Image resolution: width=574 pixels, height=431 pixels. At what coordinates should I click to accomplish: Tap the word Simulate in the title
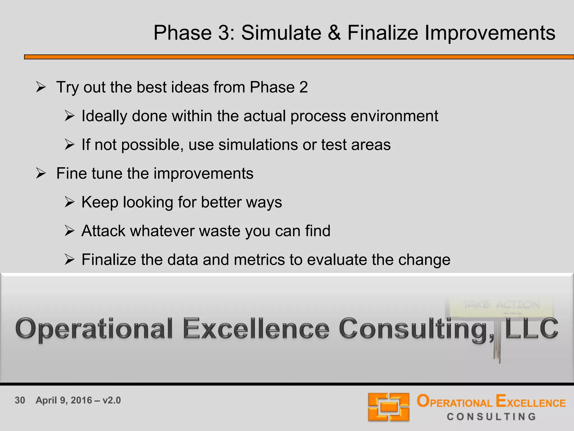(x=281, y=33)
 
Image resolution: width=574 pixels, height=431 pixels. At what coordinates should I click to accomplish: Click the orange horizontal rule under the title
(x=299, y=57)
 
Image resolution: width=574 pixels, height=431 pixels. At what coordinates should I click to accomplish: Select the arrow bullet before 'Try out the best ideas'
(x=41, y=87)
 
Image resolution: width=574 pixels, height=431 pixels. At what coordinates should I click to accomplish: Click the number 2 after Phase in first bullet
(x=303, y=87)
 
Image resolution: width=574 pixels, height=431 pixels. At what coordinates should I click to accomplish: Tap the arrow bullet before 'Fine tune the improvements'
(x=41, y=173)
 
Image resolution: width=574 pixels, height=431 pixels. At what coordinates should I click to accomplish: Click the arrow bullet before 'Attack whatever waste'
(x=69, y=231)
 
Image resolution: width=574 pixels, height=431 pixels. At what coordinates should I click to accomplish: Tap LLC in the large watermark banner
(x=531, y=329)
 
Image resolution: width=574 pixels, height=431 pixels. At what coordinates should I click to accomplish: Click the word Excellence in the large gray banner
(x=256, y=329)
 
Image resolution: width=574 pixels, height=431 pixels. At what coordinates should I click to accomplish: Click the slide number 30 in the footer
(x=20, y=400)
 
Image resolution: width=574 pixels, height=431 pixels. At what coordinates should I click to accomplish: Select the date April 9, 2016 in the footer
(x=64, y=400)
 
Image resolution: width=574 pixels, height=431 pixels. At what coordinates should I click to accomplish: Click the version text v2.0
(x=112, y=400)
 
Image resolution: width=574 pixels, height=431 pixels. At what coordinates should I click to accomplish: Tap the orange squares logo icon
(x=388, y=407)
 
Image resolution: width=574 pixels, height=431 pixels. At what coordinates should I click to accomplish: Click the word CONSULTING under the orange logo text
(x=491, y=417)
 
